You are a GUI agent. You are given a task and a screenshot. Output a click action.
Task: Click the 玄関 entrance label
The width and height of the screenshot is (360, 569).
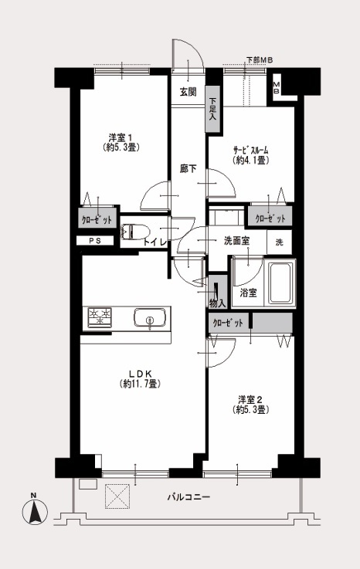[x=188, y=92]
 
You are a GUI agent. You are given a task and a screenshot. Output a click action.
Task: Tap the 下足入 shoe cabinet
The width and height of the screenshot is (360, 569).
[x=213, y=109]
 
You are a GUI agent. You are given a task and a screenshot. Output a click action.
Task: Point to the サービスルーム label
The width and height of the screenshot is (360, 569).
[x=250, y=150]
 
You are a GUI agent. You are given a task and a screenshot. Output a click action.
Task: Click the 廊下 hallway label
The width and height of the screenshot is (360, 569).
[x=188, y=168]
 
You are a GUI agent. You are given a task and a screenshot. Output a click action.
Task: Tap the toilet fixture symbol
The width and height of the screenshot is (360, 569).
[x=135, y=231]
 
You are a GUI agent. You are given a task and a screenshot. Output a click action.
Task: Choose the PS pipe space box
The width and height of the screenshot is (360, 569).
[x=95, y=241]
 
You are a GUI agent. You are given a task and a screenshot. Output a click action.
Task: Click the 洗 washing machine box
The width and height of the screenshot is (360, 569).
[x=280, y=242]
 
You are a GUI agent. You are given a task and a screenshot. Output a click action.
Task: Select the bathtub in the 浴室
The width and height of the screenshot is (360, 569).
[x=280, y=283]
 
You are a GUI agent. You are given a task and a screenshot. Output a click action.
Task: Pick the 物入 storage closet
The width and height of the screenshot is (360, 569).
[x=217, y=292]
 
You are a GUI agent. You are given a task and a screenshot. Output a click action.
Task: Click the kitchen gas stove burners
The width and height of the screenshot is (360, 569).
[x=100, y=318]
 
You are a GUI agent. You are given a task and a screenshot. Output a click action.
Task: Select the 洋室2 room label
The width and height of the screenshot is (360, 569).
[x=250, y=400]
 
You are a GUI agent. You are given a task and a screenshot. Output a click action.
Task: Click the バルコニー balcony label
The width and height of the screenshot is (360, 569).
[x=188, y=496]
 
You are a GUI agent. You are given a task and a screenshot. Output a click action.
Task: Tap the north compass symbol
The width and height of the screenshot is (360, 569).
[x=35, y=512]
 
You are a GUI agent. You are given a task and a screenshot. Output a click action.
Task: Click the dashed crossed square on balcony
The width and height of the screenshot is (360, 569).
[x=117, y=496]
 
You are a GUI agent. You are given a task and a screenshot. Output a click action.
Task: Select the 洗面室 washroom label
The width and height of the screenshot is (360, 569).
[x=236, y=241]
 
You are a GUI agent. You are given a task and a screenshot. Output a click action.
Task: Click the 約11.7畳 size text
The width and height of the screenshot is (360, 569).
[x=140, y=384]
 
